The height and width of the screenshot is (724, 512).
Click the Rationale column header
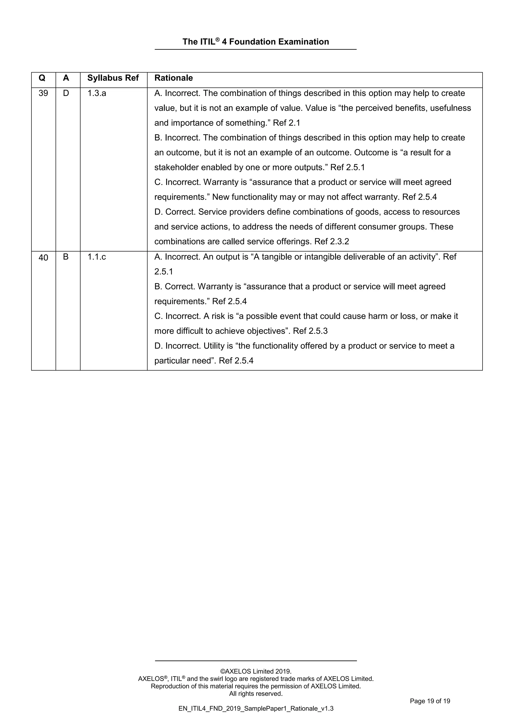(173, 78)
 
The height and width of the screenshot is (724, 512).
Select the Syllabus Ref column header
(113, 78)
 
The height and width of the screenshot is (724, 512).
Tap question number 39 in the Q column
(43, 93)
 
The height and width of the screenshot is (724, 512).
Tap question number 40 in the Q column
(43, 258)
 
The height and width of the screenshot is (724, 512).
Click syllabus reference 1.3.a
(96, 93)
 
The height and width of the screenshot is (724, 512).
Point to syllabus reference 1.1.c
(96, 257)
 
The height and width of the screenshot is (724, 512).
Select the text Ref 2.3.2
(332, 241)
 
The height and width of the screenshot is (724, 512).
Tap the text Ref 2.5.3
(310, 331)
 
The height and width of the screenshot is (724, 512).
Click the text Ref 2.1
(286, 123)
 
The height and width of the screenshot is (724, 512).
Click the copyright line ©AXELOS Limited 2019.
(256, 671)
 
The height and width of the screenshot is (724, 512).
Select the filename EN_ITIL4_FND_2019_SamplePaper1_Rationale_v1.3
(256, 708)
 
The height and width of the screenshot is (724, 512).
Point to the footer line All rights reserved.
(256, 694)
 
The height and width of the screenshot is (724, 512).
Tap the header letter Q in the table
(42, 78)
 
